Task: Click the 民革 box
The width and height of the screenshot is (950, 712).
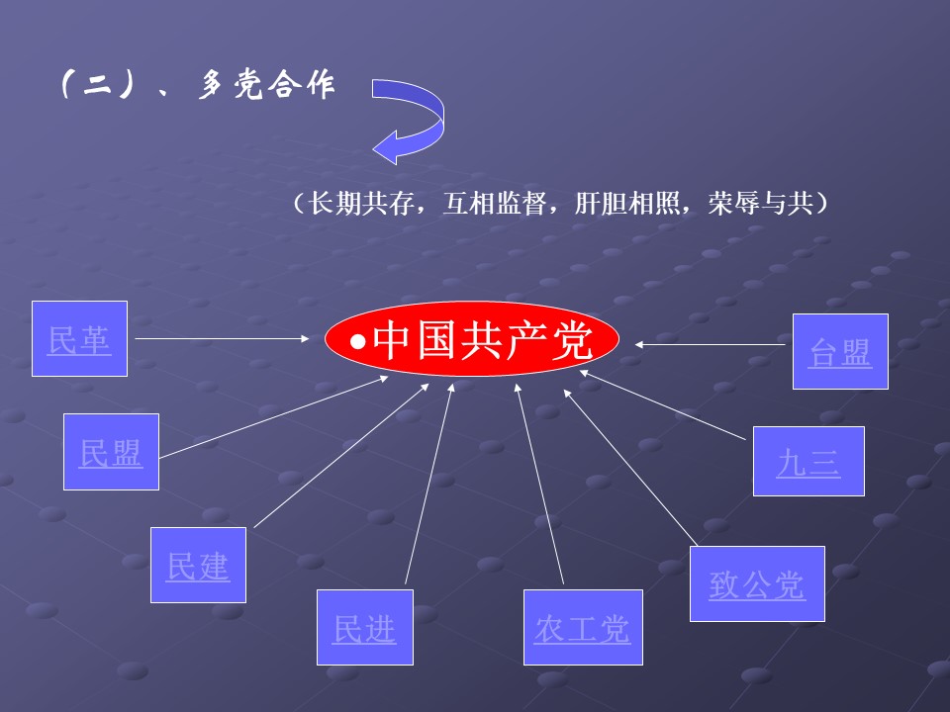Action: point(79,339)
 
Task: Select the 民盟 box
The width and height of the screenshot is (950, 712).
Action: point(111,452)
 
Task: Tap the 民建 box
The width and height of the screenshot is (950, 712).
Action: point(198,565)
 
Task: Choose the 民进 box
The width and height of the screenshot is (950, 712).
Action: point(364,627)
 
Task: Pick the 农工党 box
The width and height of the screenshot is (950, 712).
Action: point(582,627)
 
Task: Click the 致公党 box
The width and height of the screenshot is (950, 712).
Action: point(757,583)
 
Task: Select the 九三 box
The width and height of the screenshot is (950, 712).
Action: point(807,461)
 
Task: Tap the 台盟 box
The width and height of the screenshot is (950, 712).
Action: point(840,351)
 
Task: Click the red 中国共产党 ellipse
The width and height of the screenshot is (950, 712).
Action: point(473,340)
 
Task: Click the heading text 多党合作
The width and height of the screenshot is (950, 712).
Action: point(267,87)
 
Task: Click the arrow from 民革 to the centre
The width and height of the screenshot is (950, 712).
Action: point(223,339)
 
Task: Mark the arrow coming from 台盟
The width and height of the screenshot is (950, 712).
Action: point(712,344)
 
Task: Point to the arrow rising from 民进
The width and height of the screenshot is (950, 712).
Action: point(428,485)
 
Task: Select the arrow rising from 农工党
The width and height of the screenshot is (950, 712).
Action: point(539,485)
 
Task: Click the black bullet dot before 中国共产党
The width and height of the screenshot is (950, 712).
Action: point(360,342)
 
